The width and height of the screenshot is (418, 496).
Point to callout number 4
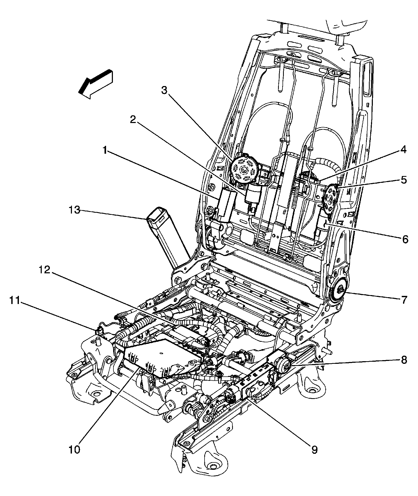(x=403, y=150)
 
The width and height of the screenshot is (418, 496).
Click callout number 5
(x=404, y=180)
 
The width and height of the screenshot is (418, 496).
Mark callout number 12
(x=45, y=270)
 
